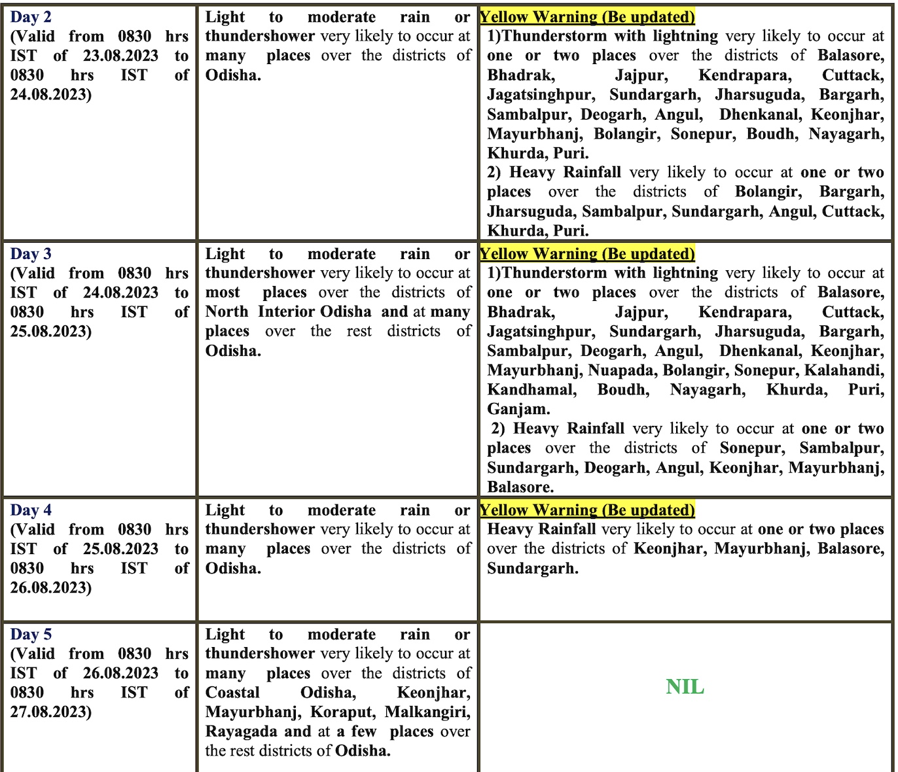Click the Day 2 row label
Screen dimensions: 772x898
[x=31, y=17]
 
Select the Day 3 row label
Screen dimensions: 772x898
[x=31, y=254]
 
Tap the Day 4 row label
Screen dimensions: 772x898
[x=31, y=510]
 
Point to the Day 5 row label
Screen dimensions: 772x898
[x=31, y=635]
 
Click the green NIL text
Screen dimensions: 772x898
[x=685, y=687]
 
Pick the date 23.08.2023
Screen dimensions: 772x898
[x=120, y=56]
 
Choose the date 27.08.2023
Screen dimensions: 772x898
[x=50, y=712]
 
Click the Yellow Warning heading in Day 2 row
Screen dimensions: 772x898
[x=587, y=17]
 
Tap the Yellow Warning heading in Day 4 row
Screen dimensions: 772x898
[x=587, y=510]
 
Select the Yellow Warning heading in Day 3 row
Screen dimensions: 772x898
[x=587, y=254]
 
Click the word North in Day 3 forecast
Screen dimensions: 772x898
[x=226, y=312]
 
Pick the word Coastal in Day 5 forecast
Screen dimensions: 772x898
[x=232, y=693]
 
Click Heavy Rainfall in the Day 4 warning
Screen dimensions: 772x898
[x=541, y=529]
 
